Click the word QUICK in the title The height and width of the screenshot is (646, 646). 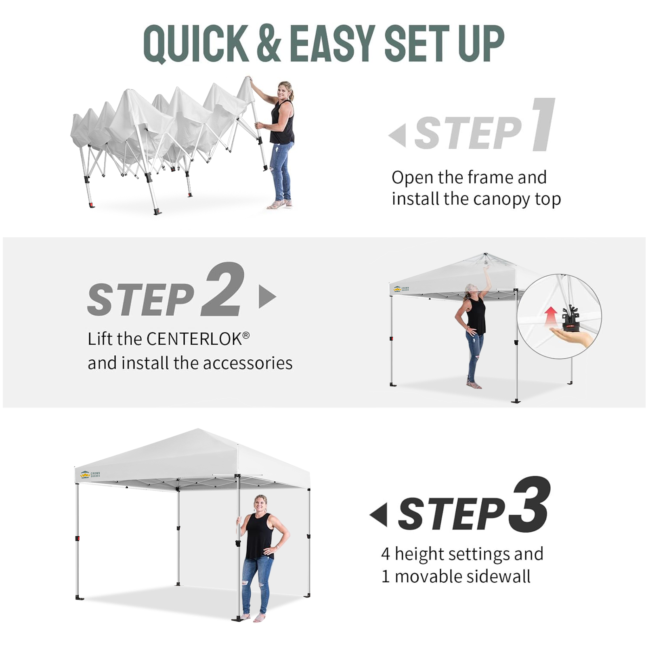(x=196, y=44)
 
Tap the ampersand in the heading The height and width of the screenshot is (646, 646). (x=268, y=43)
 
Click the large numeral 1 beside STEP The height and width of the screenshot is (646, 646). (x=543, y=124)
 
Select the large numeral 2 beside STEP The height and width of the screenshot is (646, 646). (x=223, y=289)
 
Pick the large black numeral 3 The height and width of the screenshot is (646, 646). (x=529, y=504)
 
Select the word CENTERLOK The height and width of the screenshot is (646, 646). (x=195, y=339)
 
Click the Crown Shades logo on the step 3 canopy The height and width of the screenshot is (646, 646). (x=90, y=474)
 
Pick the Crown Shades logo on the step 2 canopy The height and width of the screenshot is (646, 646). (x=401, y=289)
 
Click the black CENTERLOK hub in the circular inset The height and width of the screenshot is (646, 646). (x=570, y=317)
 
